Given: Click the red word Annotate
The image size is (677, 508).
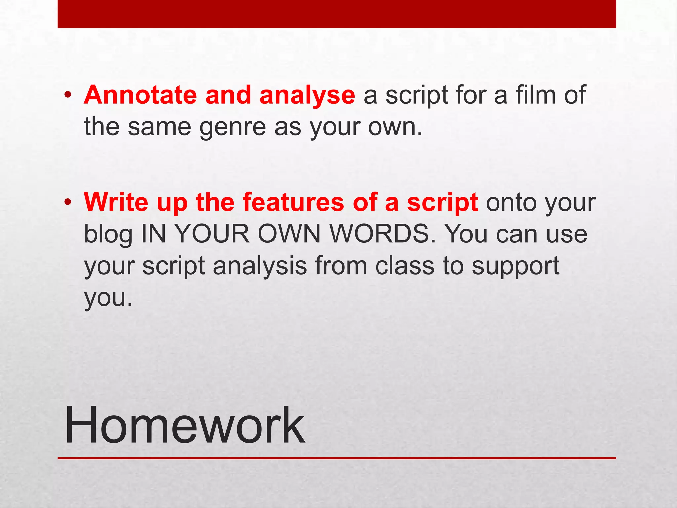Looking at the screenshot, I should click(x=140, y=95).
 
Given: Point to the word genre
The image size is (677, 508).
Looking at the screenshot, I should click(x=232, y=128).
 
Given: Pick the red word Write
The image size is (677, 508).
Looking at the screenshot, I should click(x=116, y=202).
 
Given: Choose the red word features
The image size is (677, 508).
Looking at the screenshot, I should click(x=293, y=202).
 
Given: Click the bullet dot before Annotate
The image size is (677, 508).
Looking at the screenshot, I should click(x=68, y=95).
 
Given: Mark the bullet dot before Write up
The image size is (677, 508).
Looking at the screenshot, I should click(x=68, y=202).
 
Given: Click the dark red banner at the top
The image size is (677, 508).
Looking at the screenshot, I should click(x=337, y=14).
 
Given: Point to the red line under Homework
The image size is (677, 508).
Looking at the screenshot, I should click(x=337, y=458).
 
